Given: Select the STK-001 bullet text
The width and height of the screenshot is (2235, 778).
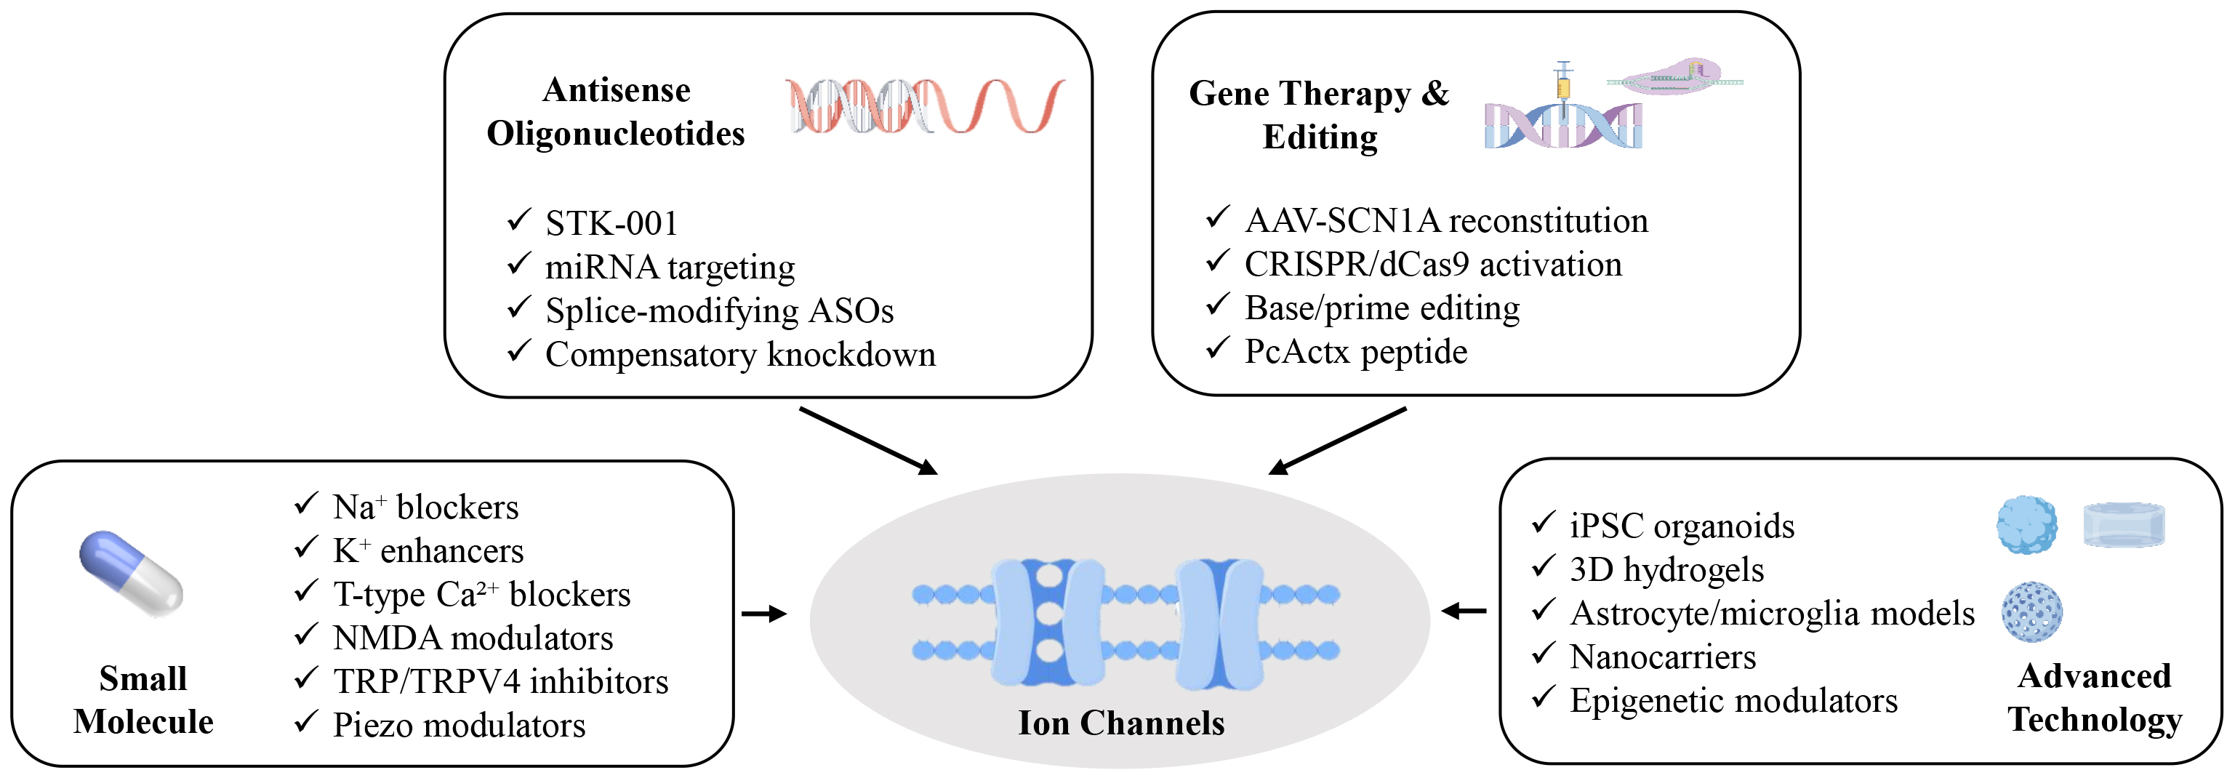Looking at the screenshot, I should coord(611,224).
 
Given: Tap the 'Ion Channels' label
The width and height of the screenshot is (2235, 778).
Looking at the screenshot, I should coord(1120,723).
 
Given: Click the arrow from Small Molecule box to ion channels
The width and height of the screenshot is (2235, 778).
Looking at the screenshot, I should coord(763,614).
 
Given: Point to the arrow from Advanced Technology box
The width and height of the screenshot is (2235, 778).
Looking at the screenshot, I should coord(1464,611).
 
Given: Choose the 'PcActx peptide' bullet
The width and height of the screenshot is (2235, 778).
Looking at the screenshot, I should coord(1355,352).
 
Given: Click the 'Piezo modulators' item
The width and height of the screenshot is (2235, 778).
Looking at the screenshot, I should coord(459,725).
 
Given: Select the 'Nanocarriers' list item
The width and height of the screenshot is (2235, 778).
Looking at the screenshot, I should coord(1662,657).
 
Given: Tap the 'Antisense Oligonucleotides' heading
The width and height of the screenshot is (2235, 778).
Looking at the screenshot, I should coord(615,112).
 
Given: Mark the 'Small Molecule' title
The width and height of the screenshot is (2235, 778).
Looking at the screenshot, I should coord(143,700).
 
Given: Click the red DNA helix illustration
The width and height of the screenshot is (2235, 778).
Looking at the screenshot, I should coord(924,107).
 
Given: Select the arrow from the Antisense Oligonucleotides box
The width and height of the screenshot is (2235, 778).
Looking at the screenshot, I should coord(867,441).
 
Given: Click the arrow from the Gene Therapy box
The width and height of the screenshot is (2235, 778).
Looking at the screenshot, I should coord(1337,441).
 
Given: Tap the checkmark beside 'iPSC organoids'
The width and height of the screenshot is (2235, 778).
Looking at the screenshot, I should coord(1543,523).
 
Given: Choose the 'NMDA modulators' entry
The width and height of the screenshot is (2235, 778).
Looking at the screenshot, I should coord(473,638).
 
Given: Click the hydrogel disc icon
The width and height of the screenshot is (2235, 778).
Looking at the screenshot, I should coord(2124,525).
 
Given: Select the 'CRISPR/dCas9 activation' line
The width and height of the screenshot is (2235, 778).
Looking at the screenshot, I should coord(1432,265).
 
